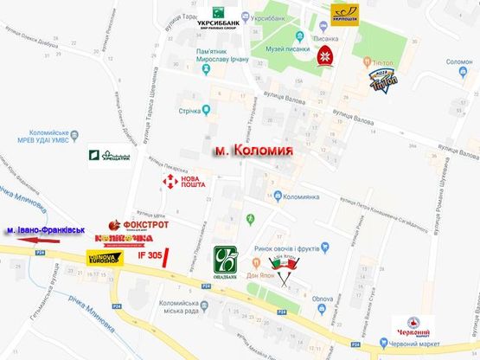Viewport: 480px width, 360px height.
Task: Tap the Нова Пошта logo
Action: coord(183,183)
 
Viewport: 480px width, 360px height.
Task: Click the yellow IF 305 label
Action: coord(149,256)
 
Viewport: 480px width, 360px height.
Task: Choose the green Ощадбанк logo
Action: coord(226,263)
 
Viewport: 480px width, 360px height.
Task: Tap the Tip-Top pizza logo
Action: coord(383,80)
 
